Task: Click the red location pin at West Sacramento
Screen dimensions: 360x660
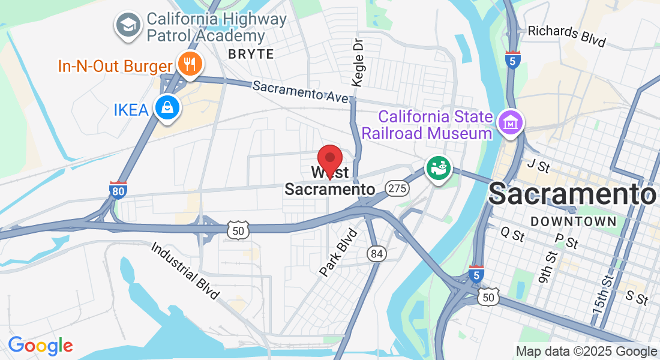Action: [x=329, y=160]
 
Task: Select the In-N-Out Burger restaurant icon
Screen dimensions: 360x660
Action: [x=190, y=64]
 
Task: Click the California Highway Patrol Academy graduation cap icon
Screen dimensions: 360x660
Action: [x=128, y=26]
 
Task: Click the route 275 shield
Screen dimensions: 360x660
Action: [x=397, y=188]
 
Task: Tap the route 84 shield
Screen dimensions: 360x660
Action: [x=377, y=254]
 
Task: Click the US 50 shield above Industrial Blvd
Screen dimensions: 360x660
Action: [x=238, y=230]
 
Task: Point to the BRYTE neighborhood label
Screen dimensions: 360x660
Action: [x=251, y=54]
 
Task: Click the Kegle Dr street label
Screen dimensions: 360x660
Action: [x=358, y=63]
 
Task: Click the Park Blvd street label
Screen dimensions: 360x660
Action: [x=338, y=252]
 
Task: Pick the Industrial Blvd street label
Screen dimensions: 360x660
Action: [x=185, y=271]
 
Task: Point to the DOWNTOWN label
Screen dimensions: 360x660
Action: [x=574, y=221]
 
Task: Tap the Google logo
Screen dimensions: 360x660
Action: [x=40, y=346]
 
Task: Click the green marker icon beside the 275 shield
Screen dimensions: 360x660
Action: [x=438, y=169]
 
